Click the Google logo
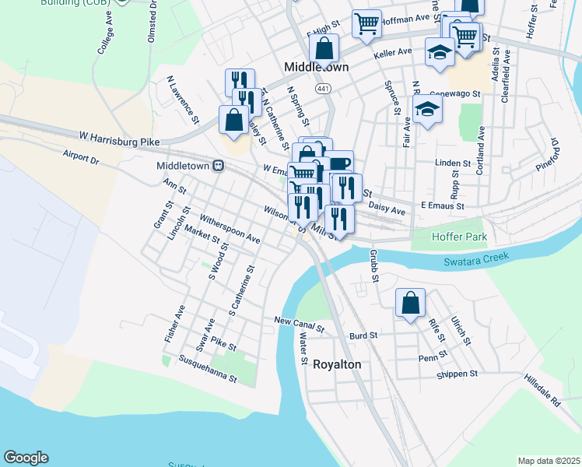[x=26, y=458]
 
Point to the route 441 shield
[x=322, y=90]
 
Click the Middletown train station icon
[x=219, y=166]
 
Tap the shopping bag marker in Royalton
[x=410, y=303]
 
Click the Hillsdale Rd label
[x=542, y=391]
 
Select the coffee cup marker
[x=339, y=163]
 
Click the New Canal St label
[x=298, y=321]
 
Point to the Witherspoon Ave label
[x=230, y=229]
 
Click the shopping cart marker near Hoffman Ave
[x=366, y=23]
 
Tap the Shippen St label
[x=457, y=374]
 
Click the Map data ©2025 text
[x=548, y=461]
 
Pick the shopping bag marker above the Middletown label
[x=324, y=48]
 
